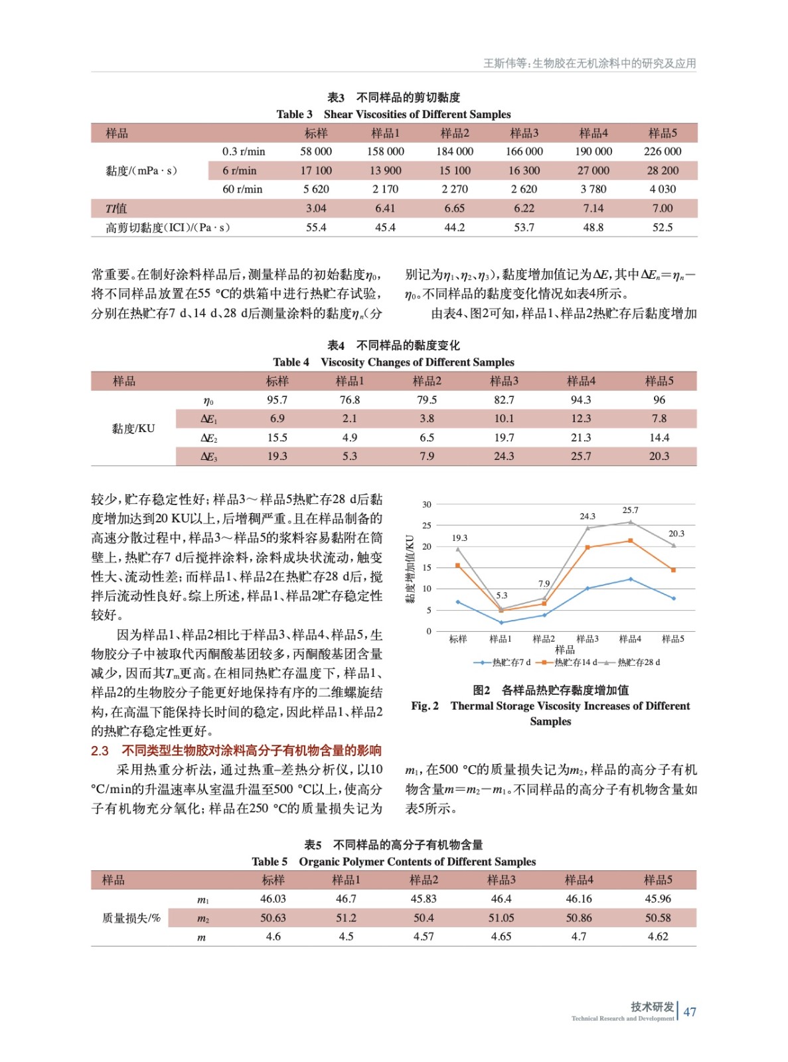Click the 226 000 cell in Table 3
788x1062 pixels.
(x=662, y=151)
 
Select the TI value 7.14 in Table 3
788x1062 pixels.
(x=593, y=208)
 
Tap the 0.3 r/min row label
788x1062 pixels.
(x=244, y=151)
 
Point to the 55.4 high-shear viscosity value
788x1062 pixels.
(x=316, y=228)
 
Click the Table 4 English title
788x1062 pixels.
(x=393, y=362)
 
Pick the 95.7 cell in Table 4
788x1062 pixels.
(x=277, y=400)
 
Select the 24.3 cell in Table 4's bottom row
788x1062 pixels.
(x=504, y=457)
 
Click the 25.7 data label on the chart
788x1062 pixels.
(x=630, y=510)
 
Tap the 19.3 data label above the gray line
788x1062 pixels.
(x=459, y=538)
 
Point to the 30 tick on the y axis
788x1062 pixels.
(x=427, y=504)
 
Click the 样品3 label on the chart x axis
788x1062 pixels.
(x=587, y=639)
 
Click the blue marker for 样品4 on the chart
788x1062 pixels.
(x=631, y=579)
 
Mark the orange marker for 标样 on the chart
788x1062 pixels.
(x=458, y=566)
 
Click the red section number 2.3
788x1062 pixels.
(x=100, y=751)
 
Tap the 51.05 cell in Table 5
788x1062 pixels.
(x=501, y=918)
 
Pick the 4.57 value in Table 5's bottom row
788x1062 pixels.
(x=424, y=937)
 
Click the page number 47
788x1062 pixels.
(x=690, y=1012)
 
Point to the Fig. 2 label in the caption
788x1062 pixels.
(x=425, y=706)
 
